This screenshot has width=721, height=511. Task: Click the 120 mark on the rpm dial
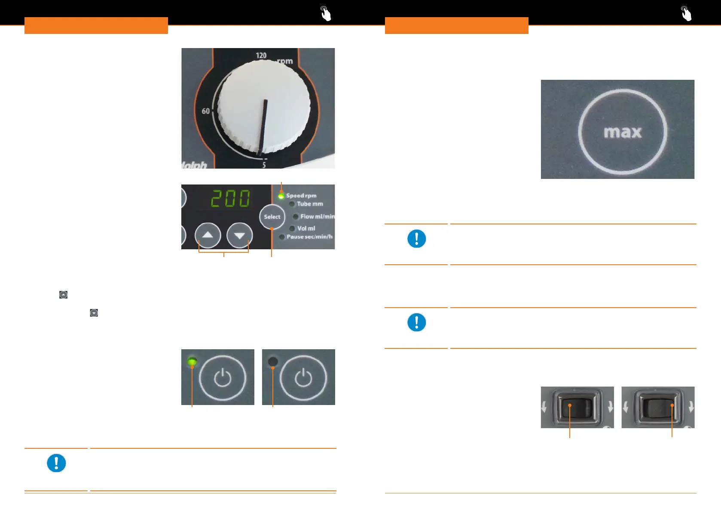click(261, 56)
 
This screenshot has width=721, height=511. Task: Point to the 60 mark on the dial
click(206, 111)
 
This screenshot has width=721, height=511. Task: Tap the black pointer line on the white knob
click(263, 127)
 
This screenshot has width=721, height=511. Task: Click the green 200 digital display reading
click(230, 199)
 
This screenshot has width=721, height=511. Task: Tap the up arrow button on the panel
click(208, 235)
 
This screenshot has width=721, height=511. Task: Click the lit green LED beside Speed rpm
click(281, 196)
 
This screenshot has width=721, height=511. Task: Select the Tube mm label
click(309, 204)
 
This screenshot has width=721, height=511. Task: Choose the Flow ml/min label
click(317, 217)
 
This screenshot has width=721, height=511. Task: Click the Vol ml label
click(306, 228)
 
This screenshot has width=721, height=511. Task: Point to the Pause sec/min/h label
click(309, 236)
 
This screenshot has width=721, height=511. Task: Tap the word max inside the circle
click(623, 132)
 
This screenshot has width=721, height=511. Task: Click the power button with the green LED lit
click(223, 378)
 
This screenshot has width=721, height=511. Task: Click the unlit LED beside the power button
click(272, 361)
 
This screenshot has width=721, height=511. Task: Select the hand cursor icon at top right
click(686, 14)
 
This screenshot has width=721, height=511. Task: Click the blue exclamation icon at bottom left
click(56, 463)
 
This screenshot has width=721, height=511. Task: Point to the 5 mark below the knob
click(264, 165)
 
